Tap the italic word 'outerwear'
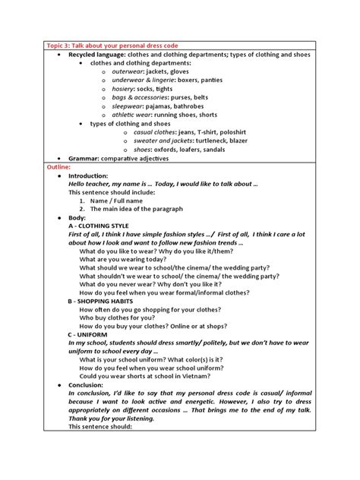tap(129, 72)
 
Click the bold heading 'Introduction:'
tap(88, 175)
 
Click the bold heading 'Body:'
tap(77, 217)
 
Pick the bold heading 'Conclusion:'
tap(87, 385)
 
